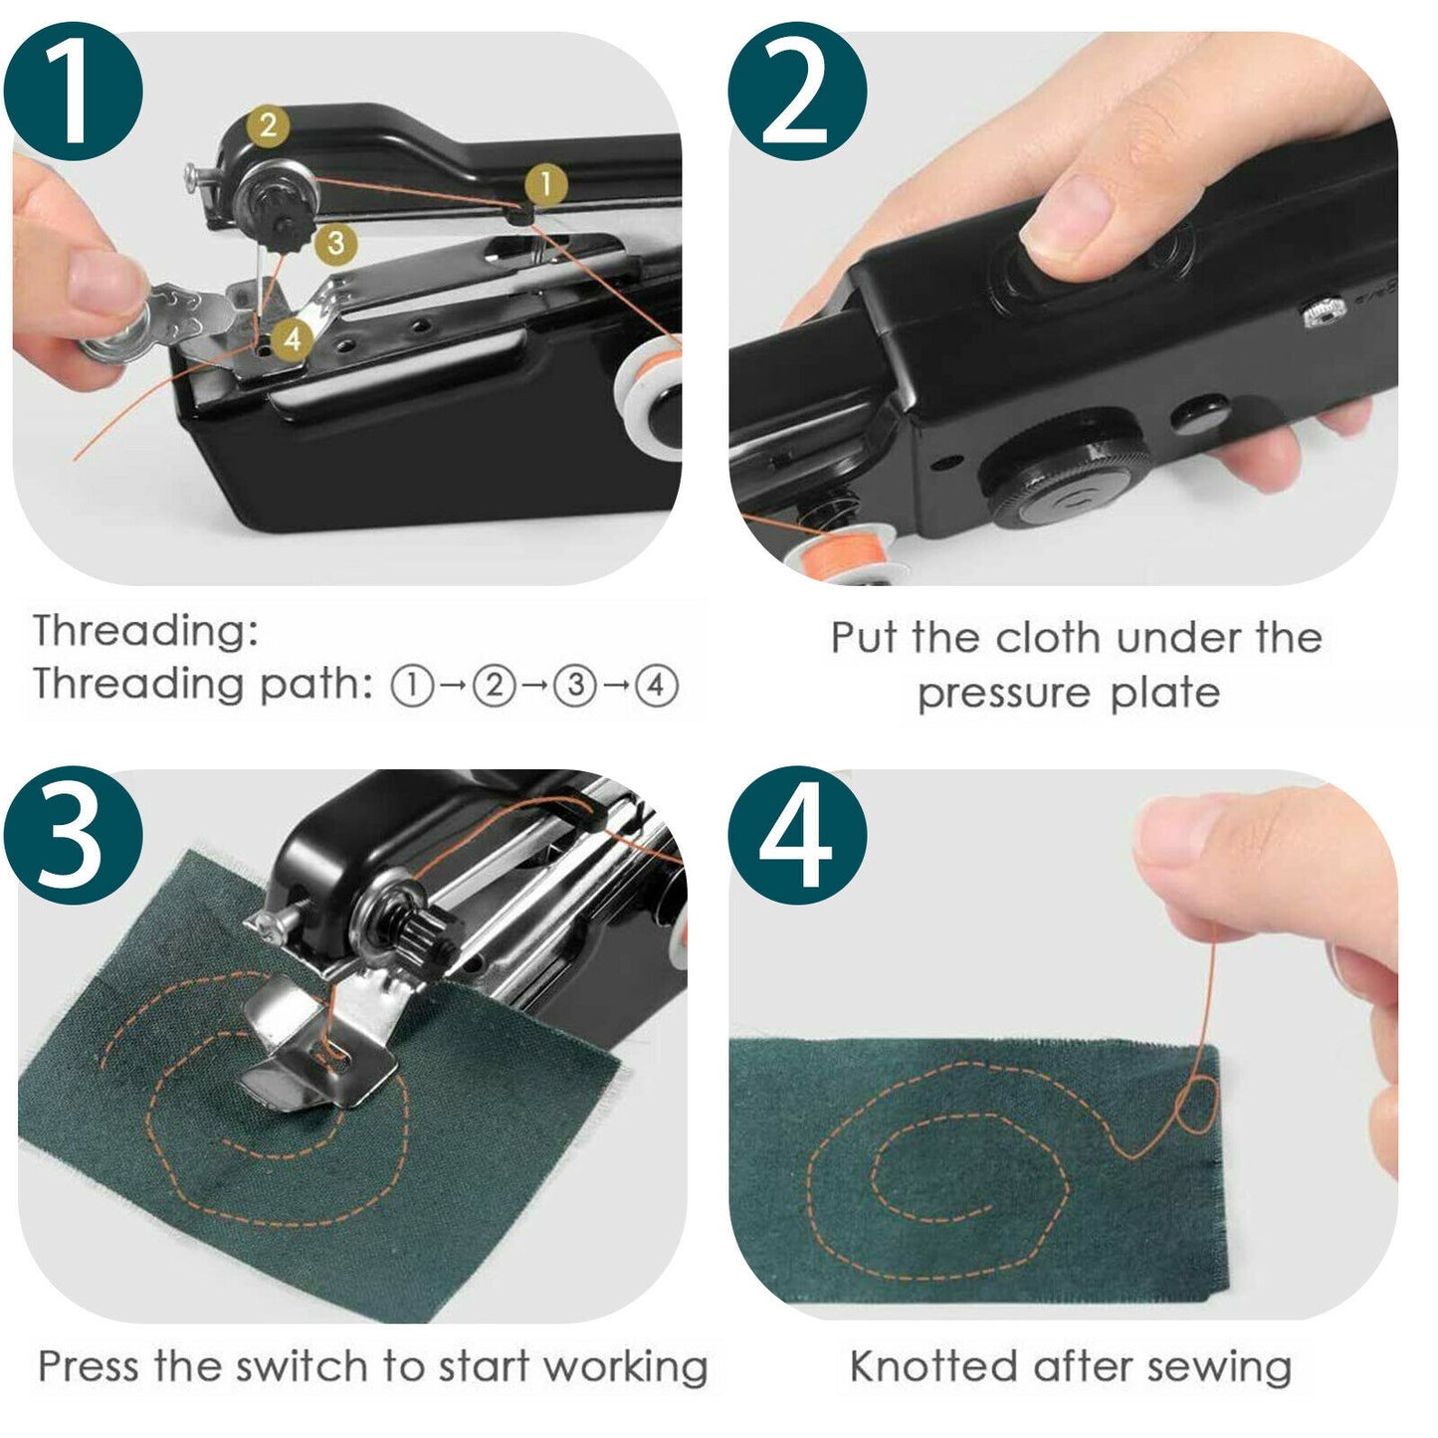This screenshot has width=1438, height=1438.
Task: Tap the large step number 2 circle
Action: click(x=796, y=92)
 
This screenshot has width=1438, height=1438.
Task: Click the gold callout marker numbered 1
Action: click(x=545, y=185)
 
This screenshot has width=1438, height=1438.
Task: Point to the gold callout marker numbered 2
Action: click(x=267, y=126)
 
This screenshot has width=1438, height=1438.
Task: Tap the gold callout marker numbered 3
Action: click(x=335, y=243)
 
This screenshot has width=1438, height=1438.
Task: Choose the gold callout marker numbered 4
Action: click(x=292, y=338)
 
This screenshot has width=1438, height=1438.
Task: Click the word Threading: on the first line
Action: click(x=145, y=631)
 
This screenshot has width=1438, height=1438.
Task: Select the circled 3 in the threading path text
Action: click(x=574, y=686)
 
